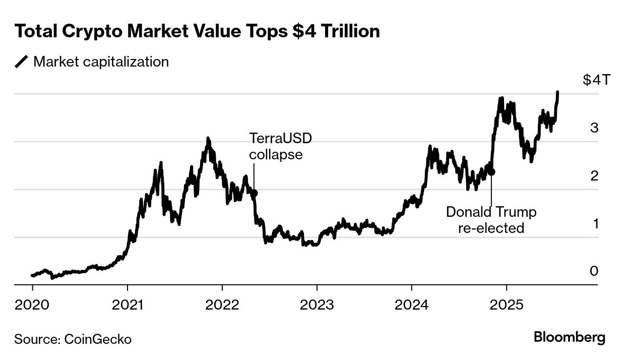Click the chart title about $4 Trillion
[197, 32]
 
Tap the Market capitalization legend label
[101, 62]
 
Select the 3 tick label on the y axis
[594, 128]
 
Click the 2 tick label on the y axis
[594, 176]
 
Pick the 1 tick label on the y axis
[595, 223]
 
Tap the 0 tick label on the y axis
[594, 271]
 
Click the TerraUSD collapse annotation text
[277, 146]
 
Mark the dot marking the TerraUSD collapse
[255, 193]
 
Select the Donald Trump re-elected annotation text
[491, 220]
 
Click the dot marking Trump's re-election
[491, 171]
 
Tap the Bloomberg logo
[570, 337]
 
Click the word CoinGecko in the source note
[98, 339]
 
